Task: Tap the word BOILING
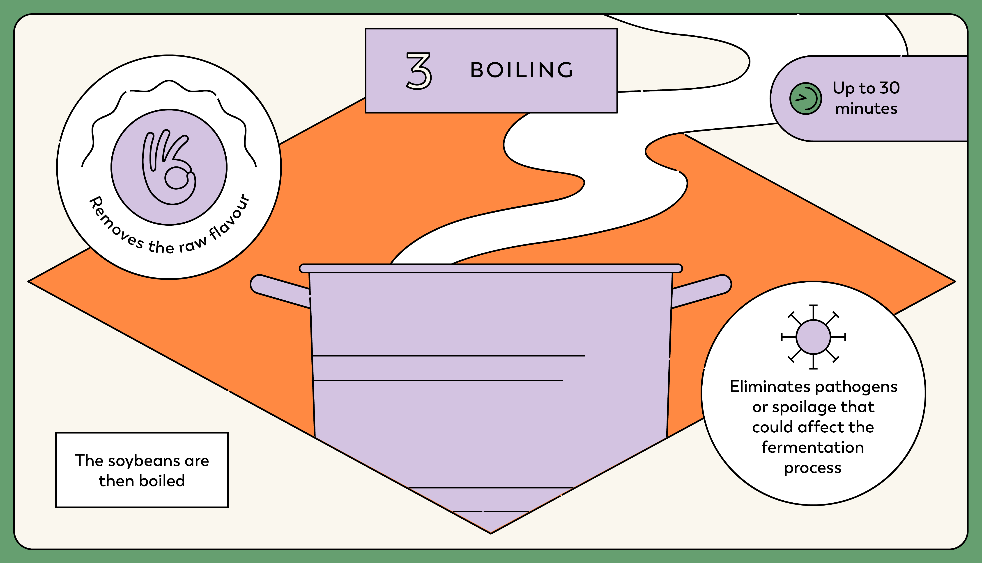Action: tap(521, 70)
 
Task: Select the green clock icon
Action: tap(805, 99)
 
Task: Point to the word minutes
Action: tap(866, 109)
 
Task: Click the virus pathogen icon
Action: tap(813, 337)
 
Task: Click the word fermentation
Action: tap(813, 447)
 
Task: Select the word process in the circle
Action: tap(813, 468)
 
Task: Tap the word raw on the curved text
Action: tap(192, 244)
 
